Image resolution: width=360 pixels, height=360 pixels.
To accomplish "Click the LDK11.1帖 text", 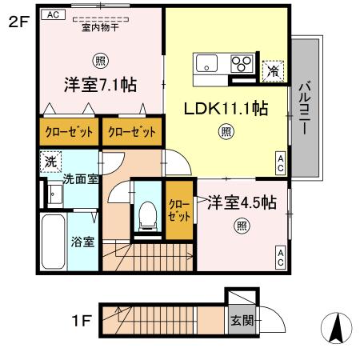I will tap(226, 109).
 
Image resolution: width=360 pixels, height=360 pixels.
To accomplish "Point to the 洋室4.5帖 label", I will tap(241, 202).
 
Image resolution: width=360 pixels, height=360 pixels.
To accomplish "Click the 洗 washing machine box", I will tap(47, 160).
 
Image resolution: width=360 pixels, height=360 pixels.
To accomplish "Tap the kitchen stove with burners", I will tap(241, 62).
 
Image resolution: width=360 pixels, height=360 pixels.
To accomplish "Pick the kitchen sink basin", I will tap(206, 63).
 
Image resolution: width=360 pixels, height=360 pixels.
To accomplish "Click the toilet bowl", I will tap(146, 213).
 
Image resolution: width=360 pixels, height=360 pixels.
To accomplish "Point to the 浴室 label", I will tap(82, 241).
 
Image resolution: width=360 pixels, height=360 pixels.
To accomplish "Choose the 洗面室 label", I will tap(80, 179).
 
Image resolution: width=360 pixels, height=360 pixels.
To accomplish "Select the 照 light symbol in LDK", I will tap(226, 131).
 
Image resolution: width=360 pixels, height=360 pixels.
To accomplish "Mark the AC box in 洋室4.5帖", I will tap(281, 257).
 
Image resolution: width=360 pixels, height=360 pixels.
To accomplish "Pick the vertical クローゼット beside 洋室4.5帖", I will tap(178, 210).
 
